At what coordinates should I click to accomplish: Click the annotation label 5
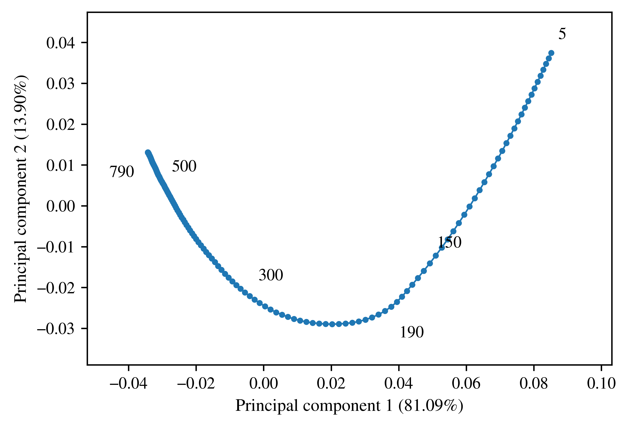click(562, 34)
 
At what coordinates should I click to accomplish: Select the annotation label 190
click(412, 332)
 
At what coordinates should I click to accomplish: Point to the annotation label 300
click(271, 275)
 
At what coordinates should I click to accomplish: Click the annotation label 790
click(122, 172)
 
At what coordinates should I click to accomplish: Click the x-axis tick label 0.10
click(601, 384)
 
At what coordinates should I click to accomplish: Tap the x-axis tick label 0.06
click(466, 384)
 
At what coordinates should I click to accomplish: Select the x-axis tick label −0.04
click(129, 384)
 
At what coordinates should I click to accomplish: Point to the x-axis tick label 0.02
click(331, 384)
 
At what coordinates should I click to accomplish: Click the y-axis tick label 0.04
click(60, 43)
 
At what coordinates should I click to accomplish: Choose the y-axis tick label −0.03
click(56, 329)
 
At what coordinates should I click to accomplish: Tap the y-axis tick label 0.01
click(60, 166)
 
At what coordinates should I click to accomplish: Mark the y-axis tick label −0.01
click(56, 247)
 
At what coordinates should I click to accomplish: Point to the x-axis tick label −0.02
click(196, 384)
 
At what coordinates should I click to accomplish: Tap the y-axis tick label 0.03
click(60, 84)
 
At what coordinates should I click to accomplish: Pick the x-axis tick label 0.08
click(534, 384)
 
